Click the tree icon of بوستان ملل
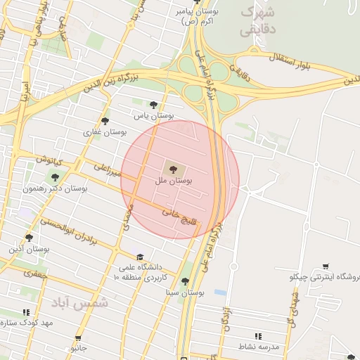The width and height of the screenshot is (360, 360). (173, 168)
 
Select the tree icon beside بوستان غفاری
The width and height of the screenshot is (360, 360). (105, 120)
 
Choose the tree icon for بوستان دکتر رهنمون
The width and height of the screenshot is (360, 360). (55, 176)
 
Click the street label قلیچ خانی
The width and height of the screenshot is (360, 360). (179, 217)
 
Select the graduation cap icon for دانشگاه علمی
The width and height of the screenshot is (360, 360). (139, 257)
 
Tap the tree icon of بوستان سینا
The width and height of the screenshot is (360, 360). (185, 281)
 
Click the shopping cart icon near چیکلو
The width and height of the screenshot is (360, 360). (325, 266)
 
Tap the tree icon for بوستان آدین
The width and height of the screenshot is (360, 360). (29, 238)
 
